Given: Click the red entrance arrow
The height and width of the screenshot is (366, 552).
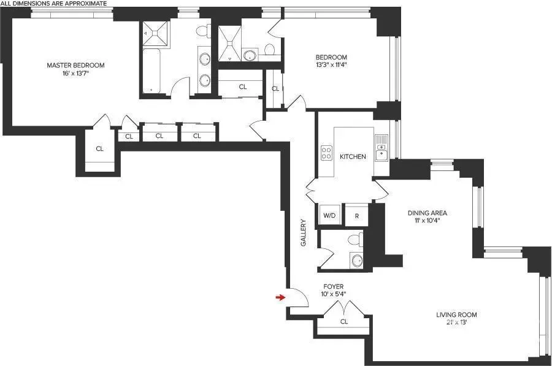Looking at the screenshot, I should (x=280, y=297).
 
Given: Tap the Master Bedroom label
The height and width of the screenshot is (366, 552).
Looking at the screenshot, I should (x=76, y=65).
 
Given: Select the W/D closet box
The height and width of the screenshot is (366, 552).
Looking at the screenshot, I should (x=329, y=216).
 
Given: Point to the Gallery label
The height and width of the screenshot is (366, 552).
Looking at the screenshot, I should (x=303, y=233).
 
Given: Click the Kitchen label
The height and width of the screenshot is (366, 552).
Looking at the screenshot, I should (x=353, y=156).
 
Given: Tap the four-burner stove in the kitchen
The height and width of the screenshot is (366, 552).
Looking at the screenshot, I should (x=326, y=153).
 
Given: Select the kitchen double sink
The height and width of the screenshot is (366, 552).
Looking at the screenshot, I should (x=381, y=147).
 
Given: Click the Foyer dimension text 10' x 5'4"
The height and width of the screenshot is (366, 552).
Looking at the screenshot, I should (x=334, y=294).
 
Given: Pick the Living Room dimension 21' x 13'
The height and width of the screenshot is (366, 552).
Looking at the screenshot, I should (x=456, y=322).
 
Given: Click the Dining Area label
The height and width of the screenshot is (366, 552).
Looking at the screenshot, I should (x=427, y=213).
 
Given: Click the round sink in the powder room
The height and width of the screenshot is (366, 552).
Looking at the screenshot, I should (x=356, y=259).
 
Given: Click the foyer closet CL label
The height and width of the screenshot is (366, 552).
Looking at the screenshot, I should (x=344, y=321).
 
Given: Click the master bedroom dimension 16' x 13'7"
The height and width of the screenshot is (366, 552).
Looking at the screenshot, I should (x=76, y=74).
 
